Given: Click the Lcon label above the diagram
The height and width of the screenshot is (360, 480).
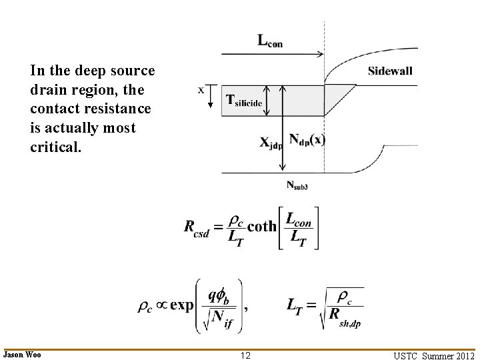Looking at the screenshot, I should click(x=270, y=41).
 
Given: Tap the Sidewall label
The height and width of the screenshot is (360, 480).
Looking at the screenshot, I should click(x=390, y=71).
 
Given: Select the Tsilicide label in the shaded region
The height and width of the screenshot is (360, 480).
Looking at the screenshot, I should click(x=245, y=101).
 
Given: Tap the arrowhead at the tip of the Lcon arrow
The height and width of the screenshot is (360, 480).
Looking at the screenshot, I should click(x=321, y=55).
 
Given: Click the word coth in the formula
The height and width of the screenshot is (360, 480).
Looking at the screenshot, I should click(x=261, y=226).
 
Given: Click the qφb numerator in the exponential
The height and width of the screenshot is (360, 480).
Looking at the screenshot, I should click(x=220, y=294).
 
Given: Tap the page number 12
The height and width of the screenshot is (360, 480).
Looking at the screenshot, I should click(x=245, y=355).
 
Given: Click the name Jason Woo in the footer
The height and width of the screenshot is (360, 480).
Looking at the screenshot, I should click(x=22, y=355).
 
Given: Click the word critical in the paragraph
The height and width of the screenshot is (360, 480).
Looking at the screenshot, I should click(x=56, y=146).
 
